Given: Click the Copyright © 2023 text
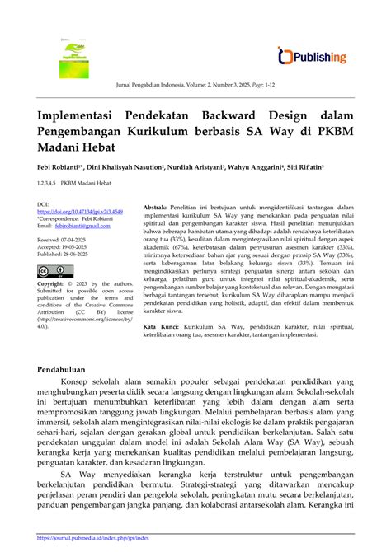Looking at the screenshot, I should click(x=64, y=283).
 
